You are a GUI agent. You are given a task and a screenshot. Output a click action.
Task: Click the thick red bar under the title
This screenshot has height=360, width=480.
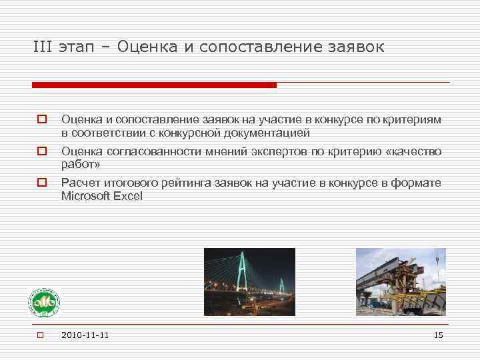(x=154, y=85)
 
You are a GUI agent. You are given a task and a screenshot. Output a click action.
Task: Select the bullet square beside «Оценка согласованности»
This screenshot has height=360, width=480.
(x=41, y=152)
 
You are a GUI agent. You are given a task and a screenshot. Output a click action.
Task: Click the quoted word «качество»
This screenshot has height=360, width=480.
(x=414, y=152)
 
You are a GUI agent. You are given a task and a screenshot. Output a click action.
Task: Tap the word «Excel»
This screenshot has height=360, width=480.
(x=127, y=196)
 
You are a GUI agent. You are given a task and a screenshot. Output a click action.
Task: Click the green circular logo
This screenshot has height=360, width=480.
(x=43, y=305)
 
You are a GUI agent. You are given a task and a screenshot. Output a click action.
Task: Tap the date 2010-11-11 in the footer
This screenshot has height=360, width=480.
(x=85, y=335)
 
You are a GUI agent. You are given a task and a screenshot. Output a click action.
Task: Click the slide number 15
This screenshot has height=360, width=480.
(x=438, y=335)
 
